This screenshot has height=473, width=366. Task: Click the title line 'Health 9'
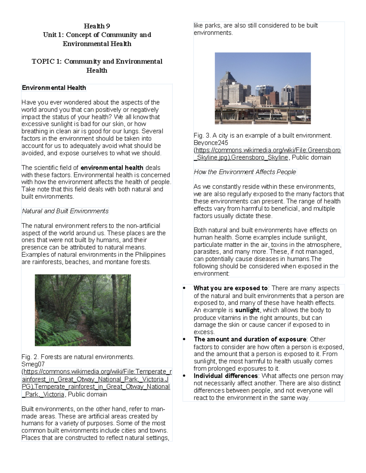point(97,26)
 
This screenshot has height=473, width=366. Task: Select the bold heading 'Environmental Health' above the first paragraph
point(54,88)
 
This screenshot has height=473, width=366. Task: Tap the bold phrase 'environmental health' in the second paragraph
point(112,168)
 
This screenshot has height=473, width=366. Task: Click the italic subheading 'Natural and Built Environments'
point(65,211)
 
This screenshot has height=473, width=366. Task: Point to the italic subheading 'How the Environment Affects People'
point(245,172)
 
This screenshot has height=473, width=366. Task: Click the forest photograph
point(83,310)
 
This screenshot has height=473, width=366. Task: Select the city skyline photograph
point(263,88)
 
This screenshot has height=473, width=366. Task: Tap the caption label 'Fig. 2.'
point(30,357)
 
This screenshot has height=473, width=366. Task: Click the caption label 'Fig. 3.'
point(202,136)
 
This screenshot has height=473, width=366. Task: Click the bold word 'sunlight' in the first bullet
point(247,310)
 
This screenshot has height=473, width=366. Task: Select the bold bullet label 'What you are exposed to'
point(231,288)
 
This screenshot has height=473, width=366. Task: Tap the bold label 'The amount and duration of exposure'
point(250,339)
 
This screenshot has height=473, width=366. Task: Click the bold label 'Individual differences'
point(226,376)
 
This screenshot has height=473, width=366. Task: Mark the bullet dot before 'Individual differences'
point(184,376)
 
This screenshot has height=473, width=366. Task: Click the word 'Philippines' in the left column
point(150,255)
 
